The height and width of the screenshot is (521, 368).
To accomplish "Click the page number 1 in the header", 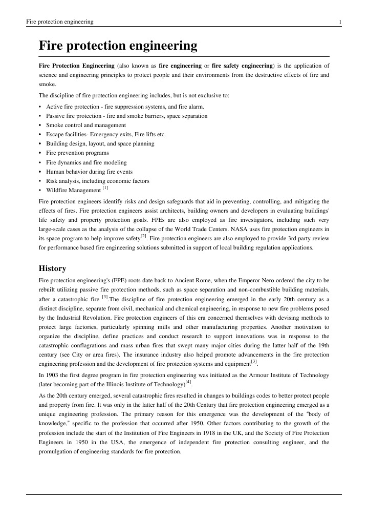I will (x=340, y=22).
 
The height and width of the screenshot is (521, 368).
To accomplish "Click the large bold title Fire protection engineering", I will (x=118, y=46).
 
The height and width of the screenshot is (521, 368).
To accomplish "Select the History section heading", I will (x=52, y=268).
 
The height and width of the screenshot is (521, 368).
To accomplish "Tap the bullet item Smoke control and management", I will (x=85, y=125).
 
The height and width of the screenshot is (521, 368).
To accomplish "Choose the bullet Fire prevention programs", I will (x=77, y=153).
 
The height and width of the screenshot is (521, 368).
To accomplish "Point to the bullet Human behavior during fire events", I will (x=89, y=172).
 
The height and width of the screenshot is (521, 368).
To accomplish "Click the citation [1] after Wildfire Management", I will (x=105, y=189).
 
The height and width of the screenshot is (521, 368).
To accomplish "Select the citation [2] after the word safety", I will (x=144, y=237).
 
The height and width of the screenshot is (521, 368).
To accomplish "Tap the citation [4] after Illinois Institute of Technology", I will (x=188, y=382).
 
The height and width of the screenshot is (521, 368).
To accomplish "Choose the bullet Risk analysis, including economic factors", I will (x=97, y=181).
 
